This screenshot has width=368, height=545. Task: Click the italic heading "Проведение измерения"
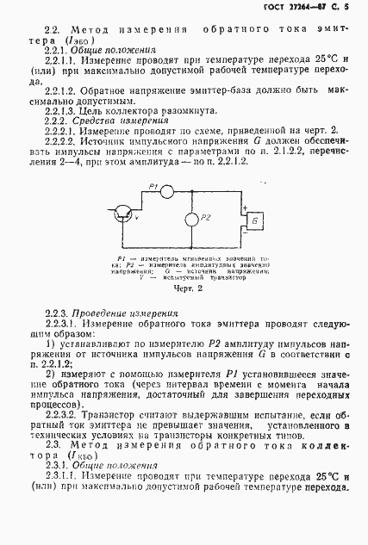click(118, 314)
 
